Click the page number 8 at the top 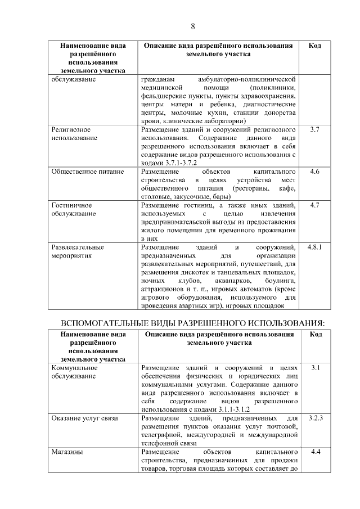coord(192,26)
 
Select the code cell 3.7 coord(315,129)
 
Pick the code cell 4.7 coord(315,205)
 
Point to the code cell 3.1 coord(315,368)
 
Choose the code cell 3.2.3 coord(315,418)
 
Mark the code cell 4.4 coord(315,452)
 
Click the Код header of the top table coord(315,46)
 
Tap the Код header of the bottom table coord(315,335)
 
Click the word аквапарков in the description coord(233,280)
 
